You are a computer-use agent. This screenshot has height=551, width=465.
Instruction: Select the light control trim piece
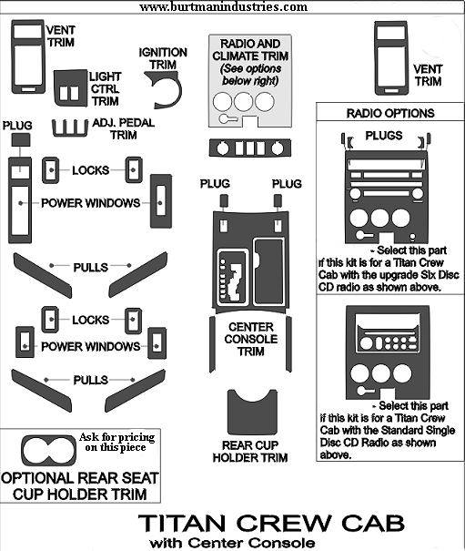[70, 88]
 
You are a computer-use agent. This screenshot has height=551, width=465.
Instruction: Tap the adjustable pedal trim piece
[70, 129]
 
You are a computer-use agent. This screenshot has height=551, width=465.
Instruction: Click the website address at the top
[223, 6]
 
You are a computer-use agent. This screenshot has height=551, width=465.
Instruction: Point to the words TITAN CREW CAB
[271, 524]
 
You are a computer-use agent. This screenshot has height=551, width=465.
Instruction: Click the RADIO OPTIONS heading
[390, 113]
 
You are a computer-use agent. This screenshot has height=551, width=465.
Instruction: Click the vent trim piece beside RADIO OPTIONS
[391, 58]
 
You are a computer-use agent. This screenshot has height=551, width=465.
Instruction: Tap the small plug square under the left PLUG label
[21, 139]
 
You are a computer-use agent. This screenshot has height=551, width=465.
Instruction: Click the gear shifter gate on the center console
[232, 278]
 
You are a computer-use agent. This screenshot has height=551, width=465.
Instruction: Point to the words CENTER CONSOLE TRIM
[251, 339]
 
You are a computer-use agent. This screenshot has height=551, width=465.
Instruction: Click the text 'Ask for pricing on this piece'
[117, 442]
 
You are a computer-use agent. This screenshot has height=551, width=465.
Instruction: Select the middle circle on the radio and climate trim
[243, 102]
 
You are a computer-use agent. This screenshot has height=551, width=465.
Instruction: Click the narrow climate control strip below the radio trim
[250, 148]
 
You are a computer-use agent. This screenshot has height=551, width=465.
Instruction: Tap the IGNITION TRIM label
[163, 58]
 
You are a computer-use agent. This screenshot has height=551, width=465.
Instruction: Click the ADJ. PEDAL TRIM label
[123, 128]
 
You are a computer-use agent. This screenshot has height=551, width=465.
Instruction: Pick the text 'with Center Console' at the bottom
[232, 543]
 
